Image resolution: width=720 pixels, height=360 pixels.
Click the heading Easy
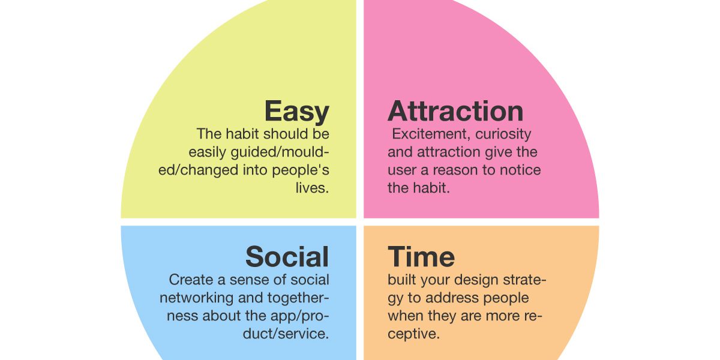pyautogui.click(x=296, y=112)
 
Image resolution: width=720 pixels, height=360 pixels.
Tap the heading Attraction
pyautogui.click(x=455, y=111)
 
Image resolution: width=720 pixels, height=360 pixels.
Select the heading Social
pyautogui.click(x=287, y=257)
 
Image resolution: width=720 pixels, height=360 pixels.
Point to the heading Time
pyautogui.click(x=421, y=257)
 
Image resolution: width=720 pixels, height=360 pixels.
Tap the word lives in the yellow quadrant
pyautogui.click(x=312, y=188)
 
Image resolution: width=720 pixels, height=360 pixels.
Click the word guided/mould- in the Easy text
pyautogui.click(x=280, y=152)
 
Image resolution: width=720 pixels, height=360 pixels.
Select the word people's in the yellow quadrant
pyautogui.click(x=301, y=170)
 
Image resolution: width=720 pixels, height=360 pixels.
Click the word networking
pyautogui.click(x=196, y=298)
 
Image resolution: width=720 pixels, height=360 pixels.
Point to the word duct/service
pyautogui.click(x=286, y=334)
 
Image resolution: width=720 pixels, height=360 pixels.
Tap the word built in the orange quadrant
pyautogui.click(x=402, y=280)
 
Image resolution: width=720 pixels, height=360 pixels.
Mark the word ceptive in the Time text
pyautogui.click(x=413, y=334)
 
